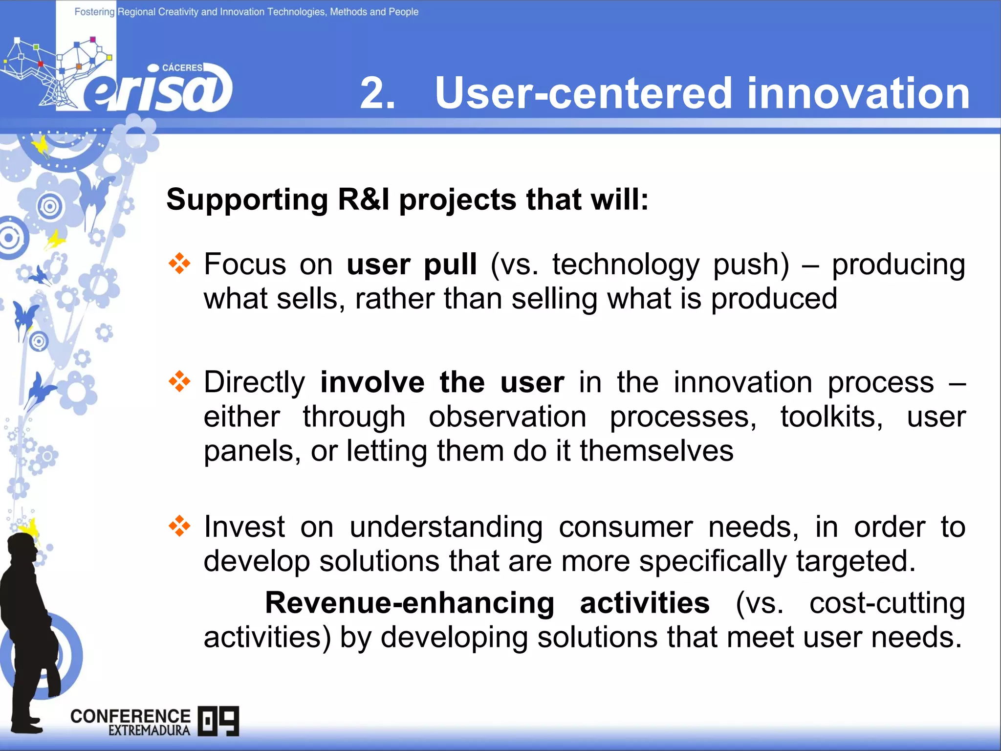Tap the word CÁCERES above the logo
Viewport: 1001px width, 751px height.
point(182,68)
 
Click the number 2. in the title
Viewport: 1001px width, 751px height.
point(377,93)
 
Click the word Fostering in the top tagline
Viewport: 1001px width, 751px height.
point(94,12)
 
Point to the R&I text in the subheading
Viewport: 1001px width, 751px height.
point(364,200)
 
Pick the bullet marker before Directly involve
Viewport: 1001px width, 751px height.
point(179,381)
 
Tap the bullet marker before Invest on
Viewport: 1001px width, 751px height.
point(179,526)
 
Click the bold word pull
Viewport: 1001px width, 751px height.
point(450,265)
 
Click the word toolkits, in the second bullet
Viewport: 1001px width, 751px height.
point(831,417)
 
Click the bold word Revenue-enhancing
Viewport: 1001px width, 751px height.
point(410,603)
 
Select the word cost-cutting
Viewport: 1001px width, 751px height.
point(887,603)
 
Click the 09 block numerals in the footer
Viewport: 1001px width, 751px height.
point(218,721)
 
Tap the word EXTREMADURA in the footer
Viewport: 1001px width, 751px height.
point(149,730)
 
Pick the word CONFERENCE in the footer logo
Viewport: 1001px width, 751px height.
point(130,716)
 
